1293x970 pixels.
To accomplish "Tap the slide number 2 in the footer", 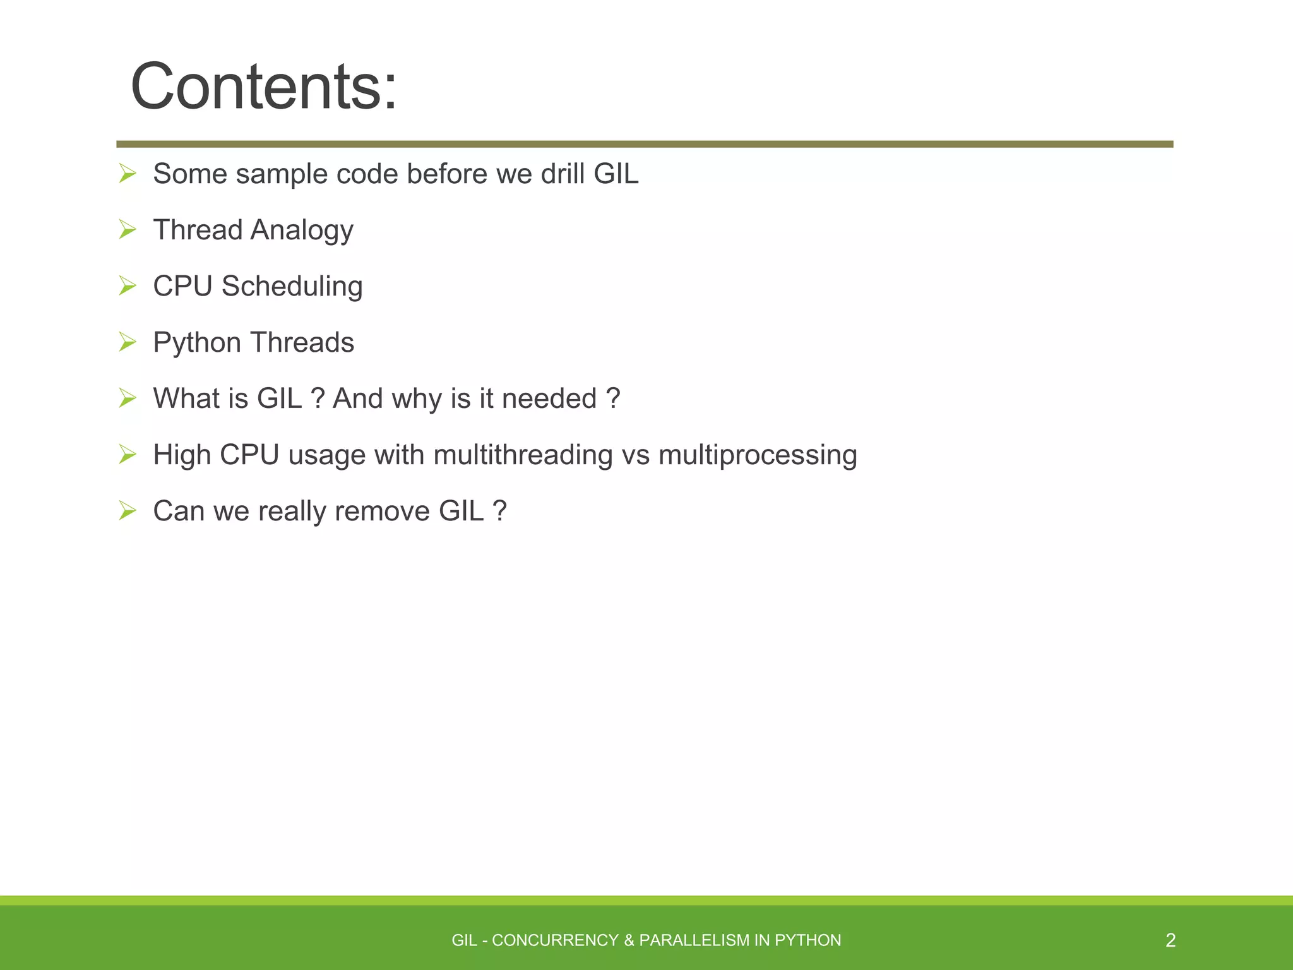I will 1170,940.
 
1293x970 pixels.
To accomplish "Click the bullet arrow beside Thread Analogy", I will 128,230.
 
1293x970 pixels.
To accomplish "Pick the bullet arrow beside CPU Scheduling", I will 128,286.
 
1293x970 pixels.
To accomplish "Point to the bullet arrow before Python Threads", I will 128,342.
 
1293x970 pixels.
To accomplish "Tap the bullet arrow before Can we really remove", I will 128,510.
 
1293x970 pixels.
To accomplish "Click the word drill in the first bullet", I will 563,174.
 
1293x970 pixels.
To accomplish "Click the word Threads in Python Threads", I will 302,342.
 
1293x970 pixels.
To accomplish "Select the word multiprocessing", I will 758,455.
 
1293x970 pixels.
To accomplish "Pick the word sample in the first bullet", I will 282,175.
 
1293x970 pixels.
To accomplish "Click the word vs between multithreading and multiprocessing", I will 635,455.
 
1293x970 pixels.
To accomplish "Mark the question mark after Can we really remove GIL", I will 499,511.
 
